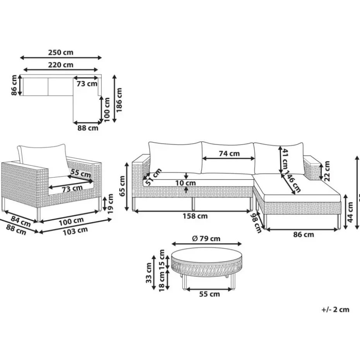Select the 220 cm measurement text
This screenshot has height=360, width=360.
pos(61,65)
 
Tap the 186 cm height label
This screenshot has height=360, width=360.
pos(119,98)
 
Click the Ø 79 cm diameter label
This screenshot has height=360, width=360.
pos(206,238)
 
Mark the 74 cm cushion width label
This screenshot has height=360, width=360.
pos(229,153)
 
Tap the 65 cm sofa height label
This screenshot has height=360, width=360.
pos(122,186)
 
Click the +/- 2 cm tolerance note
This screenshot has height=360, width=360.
pos(335,309)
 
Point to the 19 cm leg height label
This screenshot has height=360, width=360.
pos(111,204)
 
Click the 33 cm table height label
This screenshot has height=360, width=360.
pos(149,273)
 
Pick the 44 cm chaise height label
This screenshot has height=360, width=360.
pos(350,212)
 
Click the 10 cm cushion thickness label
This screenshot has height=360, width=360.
pos(185,183)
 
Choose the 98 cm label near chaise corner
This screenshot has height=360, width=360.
pos(256,222)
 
